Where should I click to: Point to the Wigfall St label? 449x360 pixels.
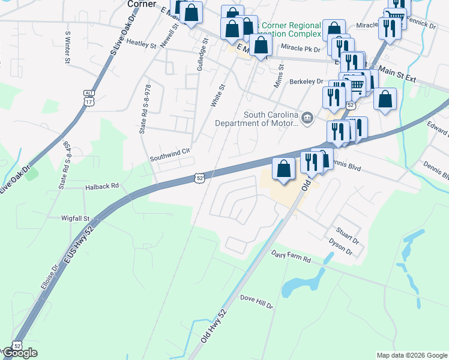(75, 218)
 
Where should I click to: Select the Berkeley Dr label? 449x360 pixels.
(306, 82)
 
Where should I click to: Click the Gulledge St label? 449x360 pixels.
(201, 56)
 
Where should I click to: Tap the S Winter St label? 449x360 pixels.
(67, 48)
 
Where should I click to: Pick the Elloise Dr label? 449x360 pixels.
(49, 278)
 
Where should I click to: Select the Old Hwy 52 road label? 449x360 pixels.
(214, 334)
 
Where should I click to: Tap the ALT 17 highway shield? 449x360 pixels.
(89, 98)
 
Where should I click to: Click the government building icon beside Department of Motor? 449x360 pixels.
(307, 117)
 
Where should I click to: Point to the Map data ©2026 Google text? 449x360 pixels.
(412, 355)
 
